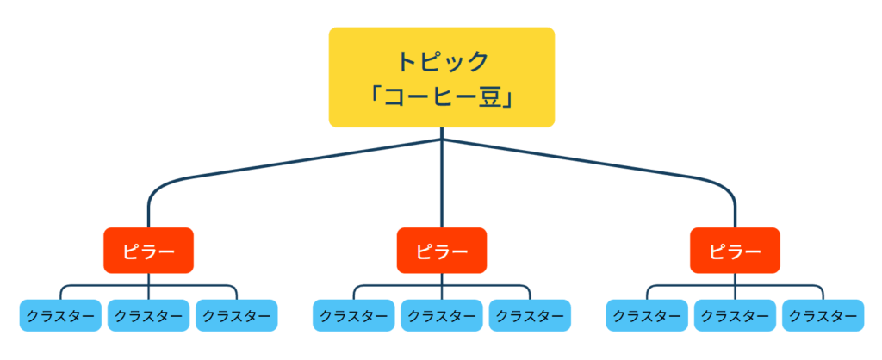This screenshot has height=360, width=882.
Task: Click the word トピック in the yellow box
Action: pos(442,61)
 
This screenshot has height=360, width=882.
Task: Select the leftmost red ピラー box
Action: pos(148,251)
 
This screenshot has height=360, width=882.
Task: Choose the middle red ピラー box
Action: pos(442,251)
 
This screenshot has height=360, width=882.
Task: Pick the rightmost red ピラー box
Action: pos(735,251)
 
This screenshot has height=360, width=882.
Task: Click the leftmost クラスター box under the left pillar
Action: pos(60,315)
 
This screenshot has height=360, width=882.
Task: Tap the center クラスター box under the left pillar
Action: pos(148,315)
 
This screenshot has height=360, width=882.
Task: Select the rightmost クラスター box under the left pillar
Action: pos(236,315)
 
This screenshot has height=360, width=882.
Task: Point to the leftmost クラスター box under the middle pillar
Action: pos(354,315)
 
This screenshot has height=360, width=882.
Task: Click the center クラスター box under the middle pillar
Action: pos(442,315)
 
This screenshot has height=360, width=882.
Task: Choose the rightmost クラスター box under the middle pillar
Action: pos(530,315)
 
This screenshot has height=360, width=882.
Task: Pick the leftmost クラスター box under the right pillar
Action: pos(647,315)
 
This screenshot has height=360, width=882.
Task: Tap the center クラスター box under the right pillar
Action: pos(735,315)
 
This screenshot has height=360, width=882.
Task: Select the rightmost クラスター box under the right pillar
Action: pos(823,315)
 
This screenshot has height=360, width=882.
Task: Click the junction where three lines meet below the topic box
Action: pos(442,139)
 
